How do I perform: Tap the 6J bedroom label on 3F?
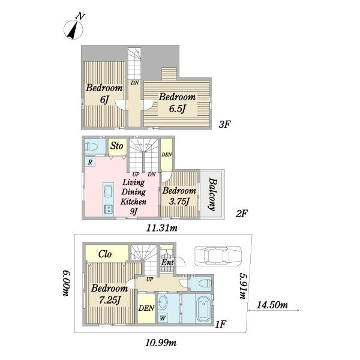pyautogui.click(x=104, y=94)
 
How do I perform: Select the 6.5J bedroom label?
pyautogui.click(x=177, y=103)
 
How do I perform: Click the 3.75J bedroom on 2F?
pyautogui.click(x=179, y=194)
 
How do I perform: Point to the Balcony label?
pyautogui.click(x=212, y=194)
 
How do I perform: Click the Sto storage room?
pyautogui.click(x=118, y=146)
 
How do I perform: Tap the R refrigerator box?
pyautogui.click(x=90, y=161)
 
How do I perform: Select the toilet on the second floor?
pyautogui.click(x=91, y=146)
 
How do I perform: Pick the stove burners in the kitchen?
pyautogui.click(x=108, y=209)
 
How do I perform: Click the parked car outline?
pyautogui.click(x=218, y=256)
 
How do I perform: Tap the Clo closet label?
pyautogui.click(x=105, y=254)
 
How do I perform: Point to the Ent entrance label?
pyautogui.click(x=167, y=262)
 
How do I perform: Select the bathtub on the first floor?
pyautogui.click(x=203, y=310)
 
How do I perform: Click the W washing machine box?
pyautogui.click(x=163, y=318)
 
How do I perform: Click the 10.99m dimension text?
pyautogui.click(x=161, y=343)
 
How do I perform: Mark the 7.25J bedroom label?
pyautogui.click(x=110, y=294)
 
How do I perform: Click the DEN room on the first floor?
pyautogui.click(x=146, y=308)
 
